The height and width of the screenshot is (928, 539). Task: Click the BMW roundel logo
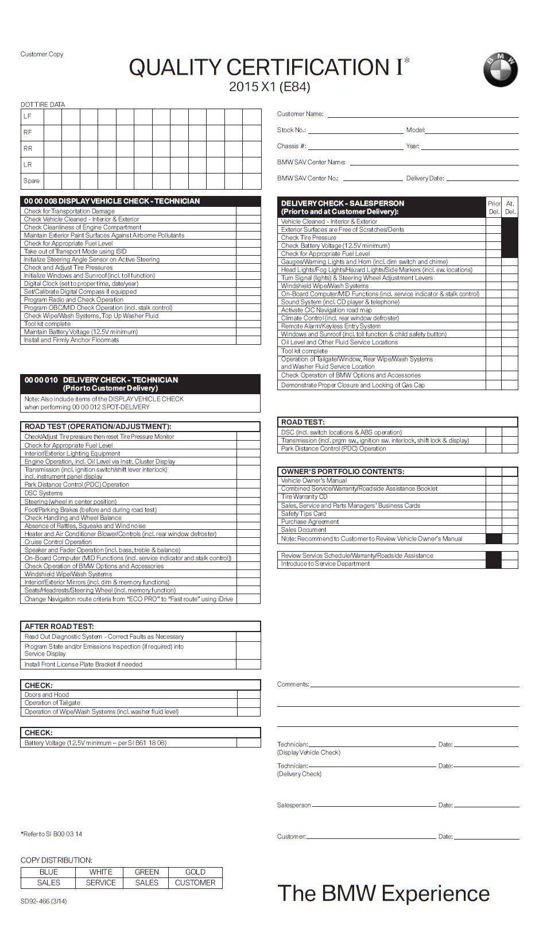pyautogui.click(x=500, y=70)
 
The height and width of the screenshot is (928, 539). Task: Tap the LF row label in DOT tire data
pyautogui.click(x=28, y=116)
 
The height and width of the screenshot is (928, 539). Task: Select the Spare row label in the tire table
pyautogui.click(x=32, y=180)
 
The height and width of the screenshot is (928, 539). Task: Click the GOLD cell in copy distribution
pyautogui.click(x=195, y=872)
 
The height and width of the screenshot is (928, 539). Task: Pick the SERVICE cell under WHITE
pyautogui.click(x=100, y=883)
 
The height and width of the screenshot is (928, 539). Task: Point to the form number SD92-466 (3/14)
pyautogui.click(x=44, y=901)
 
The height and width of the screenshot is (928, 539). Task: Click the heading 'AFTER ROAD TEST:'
pyautogui.click(x=59, y=626)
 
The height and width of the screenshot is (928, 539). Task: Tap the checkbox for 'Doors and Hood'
pyautogui.click(x=249, y=695)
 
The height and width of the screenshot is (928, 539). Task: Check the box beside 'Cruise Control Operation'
pyautogui.click(x=248, y=542)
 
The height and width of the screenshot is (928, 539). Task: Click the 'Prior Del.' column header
pyautogui.click(x=494, y=207)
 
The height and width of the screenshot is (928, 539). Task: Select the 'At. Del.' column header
pyautogui.click(x=510, y=207)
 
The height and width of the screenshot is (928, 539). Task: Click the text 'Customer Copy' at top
pyautogui.click(x=42, y=54)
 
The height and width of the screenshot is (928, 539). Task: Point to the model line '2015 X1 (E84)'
pyautogui.click(x=269, y=87)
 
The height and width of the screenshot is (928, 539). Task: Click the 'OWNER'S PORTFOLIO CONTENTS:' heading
pyautogui.click(x=343, y=472)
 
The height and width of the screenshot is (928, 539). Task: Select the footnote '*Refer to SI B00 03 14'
pyautogui.click(x=52, y=834)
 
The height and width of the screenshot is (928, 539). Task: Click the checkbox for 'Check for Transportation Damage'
pyautogui.click(x=248, y=211)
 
